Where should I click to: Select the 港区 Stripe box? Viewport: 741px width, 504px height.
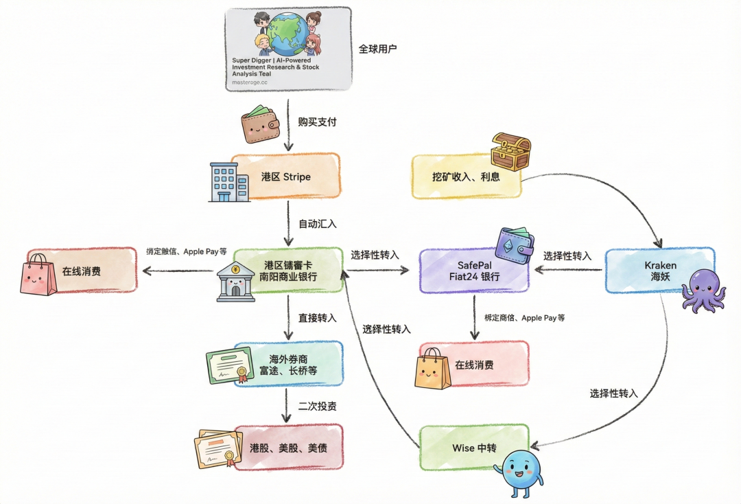click(x=286, y=176)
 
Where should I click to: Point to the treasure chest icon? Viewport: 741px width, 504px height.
click(x=511, y=152)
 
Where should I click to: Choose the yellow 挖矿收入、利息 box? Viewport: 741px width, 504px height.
click(x=467, y=176)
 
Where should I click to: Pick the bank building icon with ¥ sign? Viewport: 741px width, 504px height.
click(x=235, y=282)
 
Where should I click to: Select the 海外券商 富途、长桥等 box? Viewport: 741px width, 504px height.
click(x=288, y=365)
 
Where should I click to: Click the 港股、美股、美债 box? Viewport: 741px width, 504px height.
click(x=288, y=447)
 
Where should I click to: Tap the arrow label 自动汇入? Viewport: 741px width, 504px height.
click(x=317, y=224)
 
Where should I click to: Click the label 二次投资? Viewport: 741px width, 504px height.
click(x=317, y=406)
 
